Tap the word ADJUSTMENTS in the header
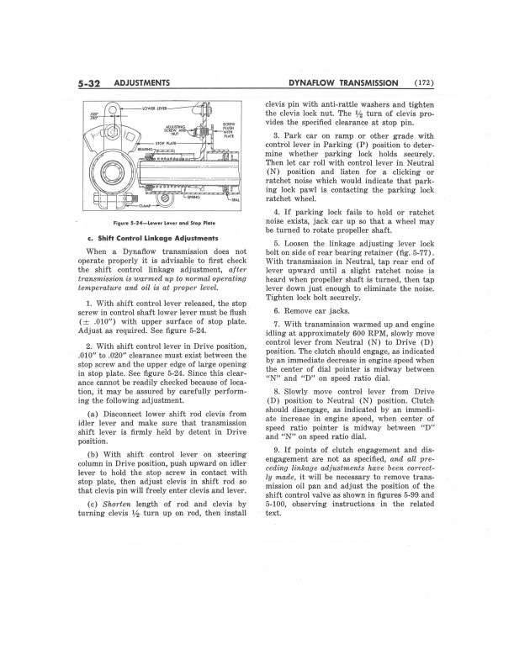point(144,82)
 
